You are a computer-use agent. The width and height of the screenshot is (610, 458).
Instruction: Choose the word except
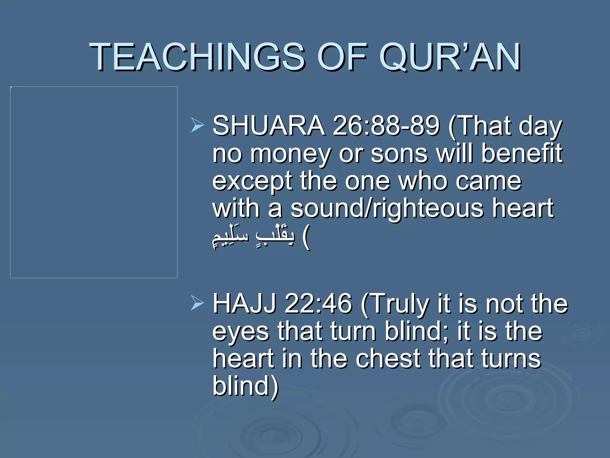(x=252, y=181)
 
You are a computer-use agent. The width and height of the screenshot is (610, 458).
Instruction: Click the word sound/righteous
(x=387, y=209)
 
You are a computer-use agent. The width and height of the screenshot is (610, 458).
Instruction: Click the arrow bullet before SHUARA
(x=197, y=125)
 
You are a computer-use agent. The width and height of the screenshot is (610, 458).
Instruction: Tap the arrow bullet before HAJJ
(x=197, y=303)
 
